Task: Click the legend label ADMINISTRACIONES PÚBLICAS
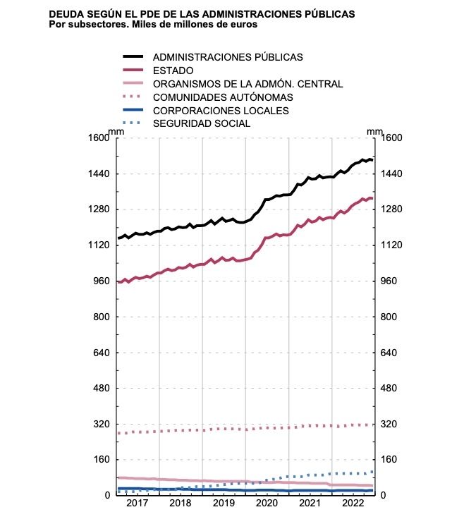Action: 228,57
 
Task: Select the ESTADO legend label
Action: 173,71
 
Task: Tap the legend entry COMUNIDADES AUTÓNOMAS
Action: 223,97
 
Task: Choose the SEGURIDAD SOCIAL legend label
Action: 201,123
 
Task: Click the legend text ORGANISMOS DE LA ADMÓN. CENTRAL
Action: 248,84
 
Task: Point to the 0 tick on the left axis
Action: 107,495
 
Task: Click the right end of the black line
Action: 373,160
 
